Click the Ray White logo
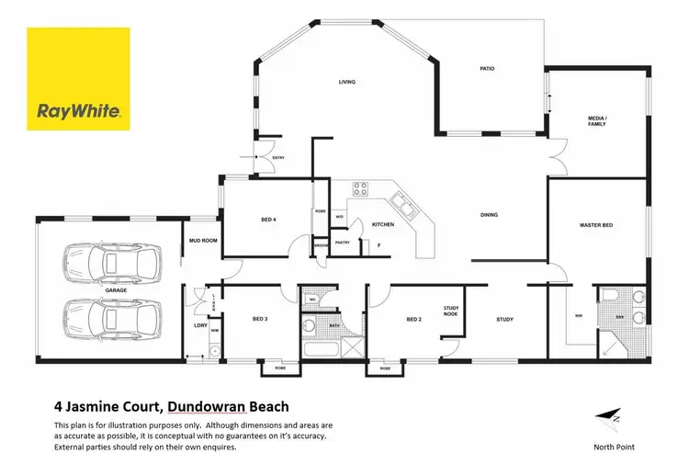pyautogui.click(x=78, y=79)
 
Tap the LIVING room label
pyautogui.click(x=347, y=82)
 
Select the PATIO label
pyautogui.click(x=489, y=68)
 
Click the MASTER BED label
pyautogui.click(x=595, y=224)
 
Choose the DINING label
pyautogui.click(x=489, y=215)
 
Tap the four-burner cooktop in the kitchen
pyautogui.click(x=360, y=191)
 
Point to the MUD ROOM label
pyautogui.click(x=201, y=240)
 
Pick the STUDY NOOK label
pyautogui.click(x=451, y=312)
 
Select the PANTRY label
pyautogui.click(x=342, y=242)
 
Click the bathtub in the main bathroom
pyautogui.click(x=321, y=350)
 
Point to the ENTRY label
pyautogui.click(x=278, y=159)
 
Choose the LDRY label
pyautogui.click(x=199, y=325)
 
